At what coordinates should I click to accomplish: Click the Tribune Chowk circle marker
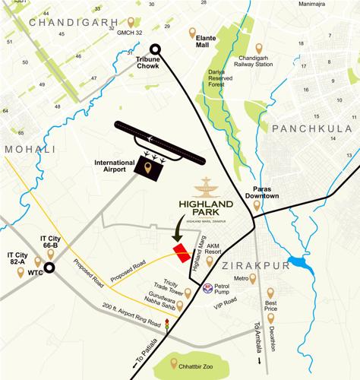156,49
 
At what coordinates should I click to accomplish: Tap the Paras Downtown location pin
257,204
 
